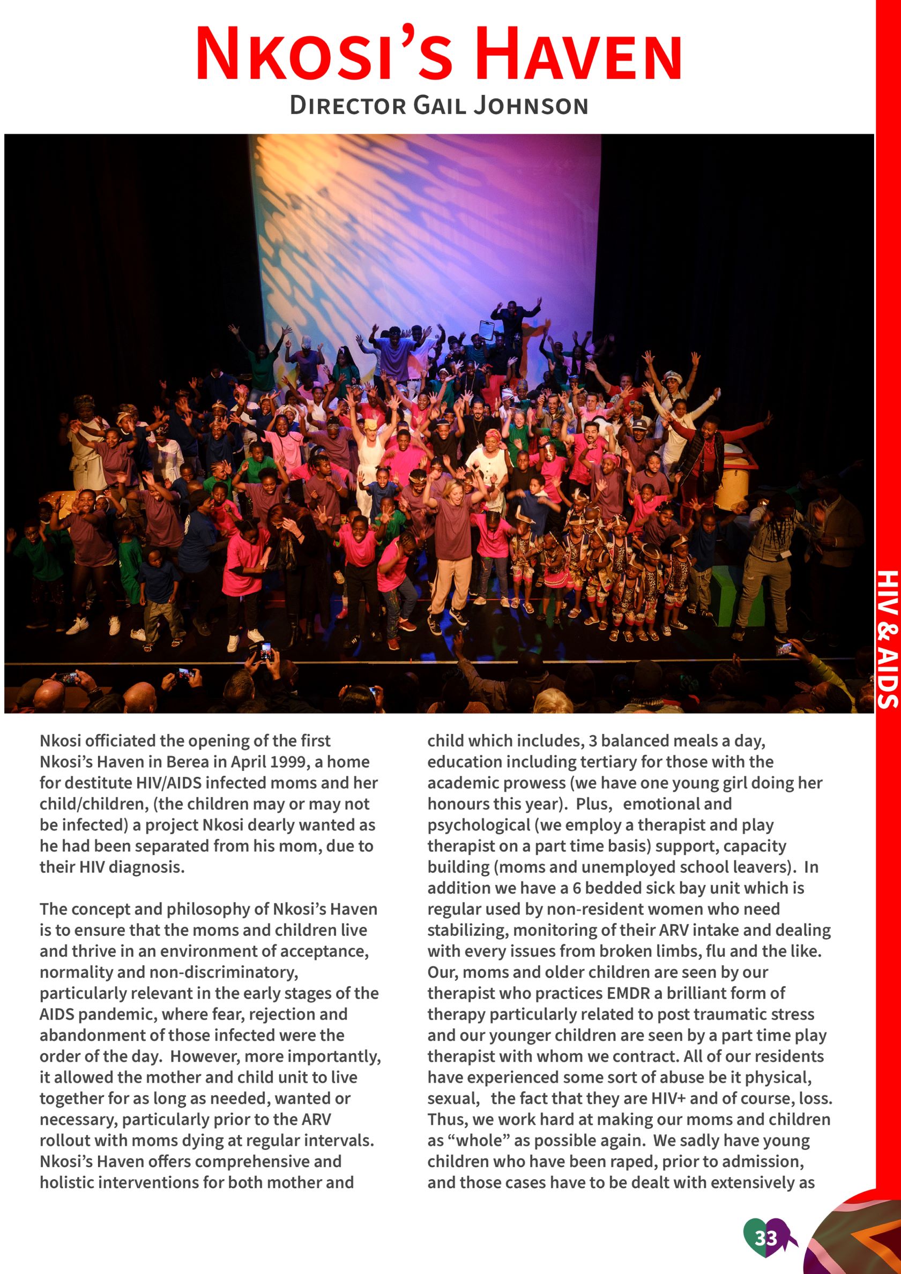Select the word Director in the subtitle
(x=347, y=106)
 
